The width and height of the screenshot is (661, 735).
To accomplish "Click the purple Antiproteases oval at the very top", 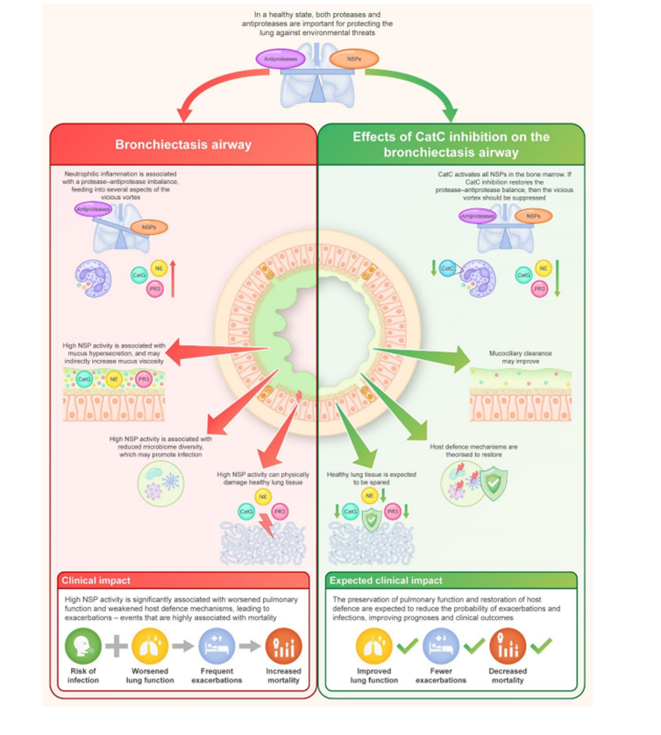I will click(279, 58).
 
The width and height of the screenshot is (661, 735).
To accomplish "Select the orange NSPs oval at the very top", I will click(354, 59).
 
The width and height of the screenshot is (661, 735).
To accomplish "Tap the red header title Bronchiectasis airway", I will click(182, 145).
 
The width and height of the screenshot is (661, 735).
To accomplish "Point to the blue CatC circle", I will click(447, 269).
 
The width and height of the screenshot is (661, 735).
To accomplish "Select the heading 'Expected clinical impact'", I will click(385, 580).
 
